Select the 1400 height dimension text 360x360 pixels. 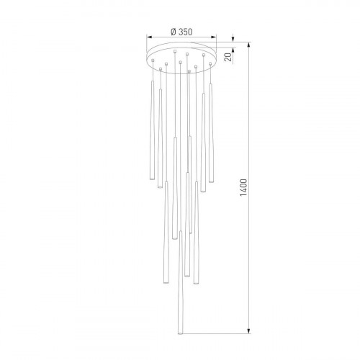click(x=244, y=188)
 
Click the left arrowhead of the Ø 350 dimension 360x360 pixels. click(x=148, y=40)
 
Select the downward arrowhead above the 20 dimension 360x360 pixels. click(x=233, y=42)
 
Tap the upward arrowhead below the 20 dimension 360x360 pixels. click(x=233, y=68)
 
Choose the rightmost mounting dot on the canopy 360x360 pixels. click(x=211, y=60)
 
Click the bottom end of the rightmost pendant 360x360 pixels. click(x=212, y=181)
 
